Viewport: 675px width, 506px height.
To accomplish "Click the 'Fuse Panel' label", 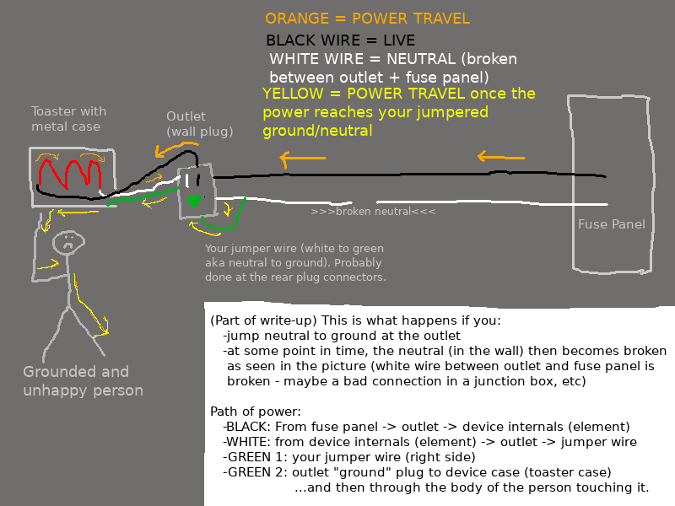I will [x=611, y=224].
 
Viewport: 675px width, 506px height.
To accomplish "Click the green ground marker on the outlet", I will [x=195, y=201].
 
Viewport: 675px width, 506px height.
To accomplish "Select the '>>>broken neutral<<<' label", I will [x=373, y=212].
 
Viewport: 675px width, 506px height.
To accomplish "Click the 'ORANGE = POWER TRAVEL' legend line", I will [x=367, y=19].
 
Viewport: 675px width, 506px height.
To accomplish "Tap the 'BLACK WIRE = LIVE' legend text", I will [x=340, y=40].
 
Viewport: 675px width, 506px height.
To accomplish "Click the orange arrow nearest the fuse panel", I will [x=501, y=156].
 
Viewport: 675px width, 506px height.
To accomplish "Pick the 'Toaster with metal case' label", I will [x=68, y=119].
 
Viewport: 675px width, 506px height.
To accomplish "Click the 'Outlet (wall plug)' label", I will [x=199, y=124].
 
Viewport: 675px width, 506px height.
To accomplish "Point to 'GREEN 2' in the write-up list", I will [x=251, y=471].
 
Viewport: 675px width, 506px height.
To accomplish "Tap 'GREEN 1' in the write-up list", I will [x=251, y=457].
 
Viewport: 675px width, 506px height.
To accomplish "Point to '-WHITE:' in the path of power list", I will [x=247, y=442].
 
